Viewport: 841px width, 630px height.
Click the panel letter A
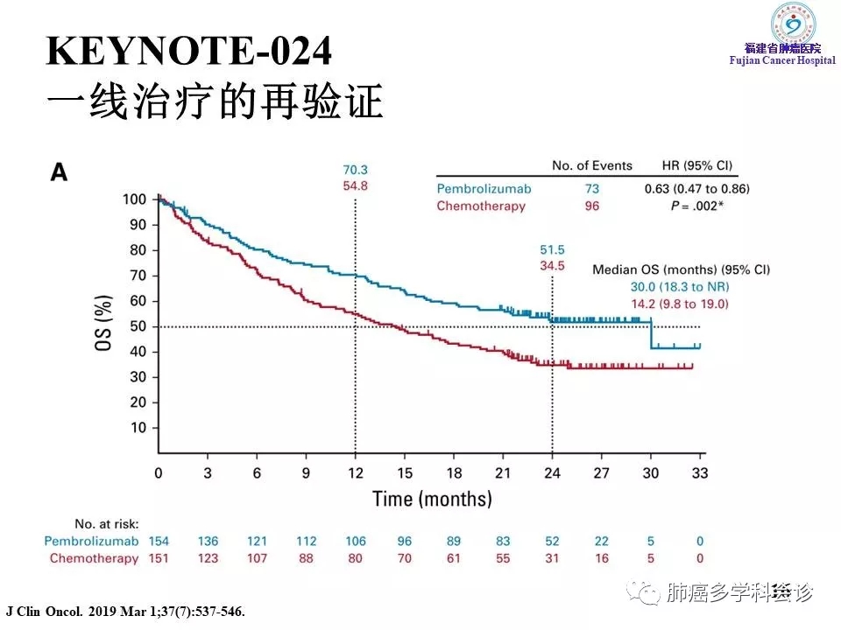[59, 172]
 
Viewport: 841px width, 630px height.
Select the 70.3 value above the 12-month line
[355, 171]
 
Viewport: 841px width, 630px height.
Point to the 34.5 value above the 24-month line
[552, 264]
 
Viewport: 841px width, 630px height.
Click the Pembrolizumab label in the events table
[484, 189]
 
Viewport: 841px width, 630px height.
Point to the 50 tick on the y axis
[138, 326]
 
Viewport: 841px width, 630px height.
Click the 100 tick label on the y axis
[134, 199]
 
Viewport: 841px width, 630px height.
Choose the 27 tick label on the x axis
[601, 473]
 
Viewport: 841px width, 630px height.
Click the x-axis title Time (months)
[432, 500]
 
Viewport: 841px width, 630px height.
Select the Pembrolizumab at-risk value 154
[159, 542]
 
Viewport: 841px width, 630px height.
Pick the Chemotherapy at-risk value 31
[552, 558]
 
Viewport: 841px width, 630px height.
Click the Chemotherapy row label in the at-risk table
[94, 558]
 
